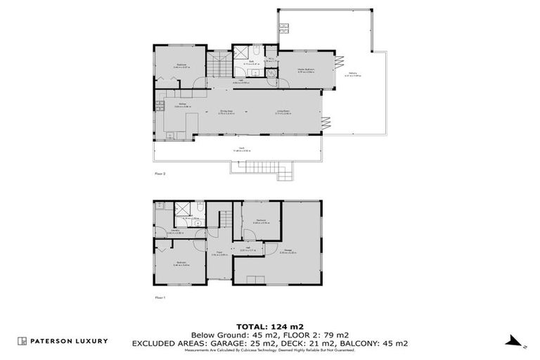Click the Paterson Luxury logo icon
point(22,341)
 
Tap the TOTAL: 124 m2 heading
point(270,327)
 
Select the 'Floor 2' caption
point(160,173)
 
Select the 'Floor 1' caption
point(160,297)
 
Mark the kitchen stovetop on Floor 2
point(160,108)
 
